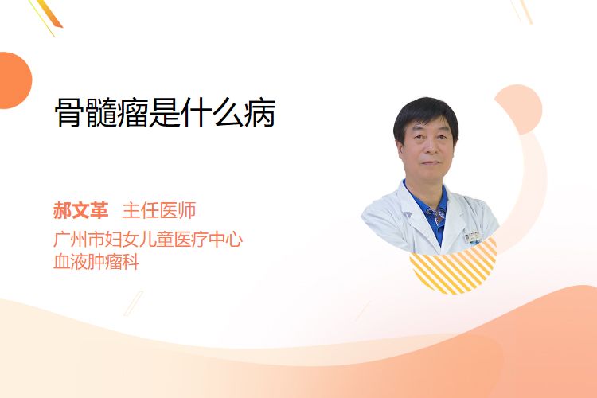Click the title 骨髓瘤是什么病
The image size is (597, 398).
166,112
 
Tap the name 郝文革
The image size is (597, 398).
80,210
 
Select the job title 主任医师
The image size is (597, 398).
159,210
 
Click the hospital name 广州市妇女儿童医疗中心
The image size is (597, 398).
148,239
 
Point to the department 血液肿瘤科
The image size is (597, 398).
96,262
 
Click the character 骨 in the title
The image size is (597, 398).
70,113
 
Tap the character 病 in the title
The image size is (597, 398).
260,113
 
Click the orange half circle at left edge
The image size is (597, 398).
15,80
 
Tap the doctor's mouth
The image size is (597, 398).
431,162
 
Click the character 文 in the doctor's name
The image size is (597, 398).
80,210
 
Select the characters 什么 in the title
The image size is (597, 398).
213,113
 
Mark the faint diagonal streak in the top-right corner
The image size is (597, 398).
521,11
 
